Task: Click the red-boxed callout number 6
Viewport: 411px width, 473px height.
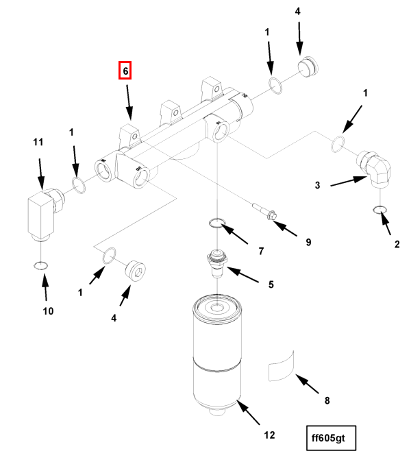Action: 125,70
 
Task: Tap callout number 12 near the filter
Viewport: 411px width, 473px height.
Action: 269,435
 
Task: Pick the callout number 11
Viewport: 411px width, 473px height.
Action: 38,142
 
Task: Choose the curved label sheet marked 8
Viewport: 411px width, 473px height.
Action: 282,366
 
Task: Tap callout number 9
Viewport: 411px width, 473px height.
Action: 308,242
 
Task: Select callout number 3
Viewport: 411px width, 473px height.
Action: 317,185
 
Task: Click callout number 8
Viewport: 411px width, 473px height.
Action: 327,399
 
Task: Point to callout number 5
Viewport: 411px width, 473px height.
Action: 271,284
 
